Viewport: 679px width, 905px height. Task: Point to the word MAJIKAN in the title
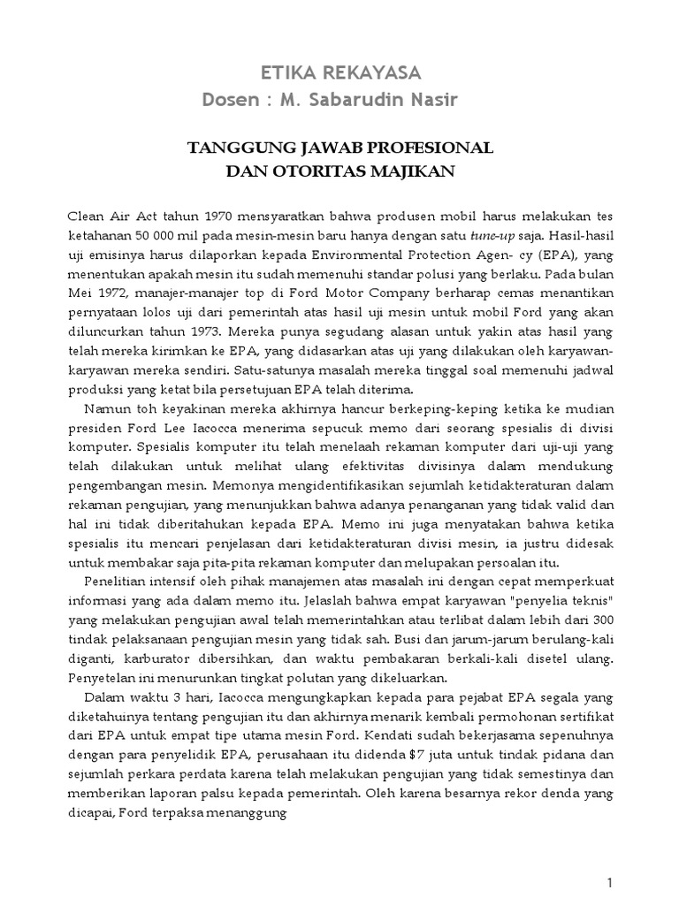[414, 170]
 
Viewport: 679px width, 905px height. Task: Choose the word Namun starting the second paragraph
[105, 411]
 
